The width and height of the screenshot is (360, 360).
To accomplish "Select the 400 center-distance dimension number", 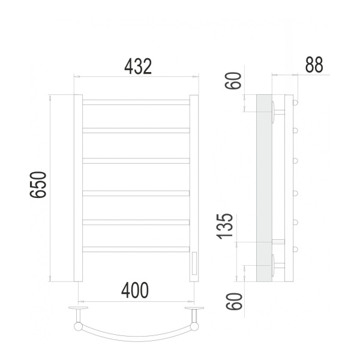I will coord(134,290).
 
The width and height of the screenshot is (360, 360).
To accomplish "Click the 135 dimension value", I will coord(226,225).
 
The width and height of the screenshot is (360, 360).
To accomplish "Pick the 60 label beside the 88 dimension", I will coord(235,80).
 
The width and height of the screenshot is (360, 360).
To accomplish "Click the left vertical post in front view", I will coord(78,188).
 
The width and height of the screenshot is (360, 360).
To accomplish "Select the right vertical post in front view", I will coord(194,180).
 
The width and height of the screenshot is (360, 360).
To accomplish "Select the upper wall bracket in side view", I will coord(276,112).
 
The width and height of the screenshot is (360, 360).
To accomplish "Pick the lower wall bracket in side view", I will coord(276,264).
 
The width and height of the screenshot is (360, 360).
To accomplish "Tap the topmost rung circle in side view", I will coord(295,103).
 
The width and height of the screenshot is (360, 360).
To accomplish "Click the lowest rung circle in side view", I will coord(295,249).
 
